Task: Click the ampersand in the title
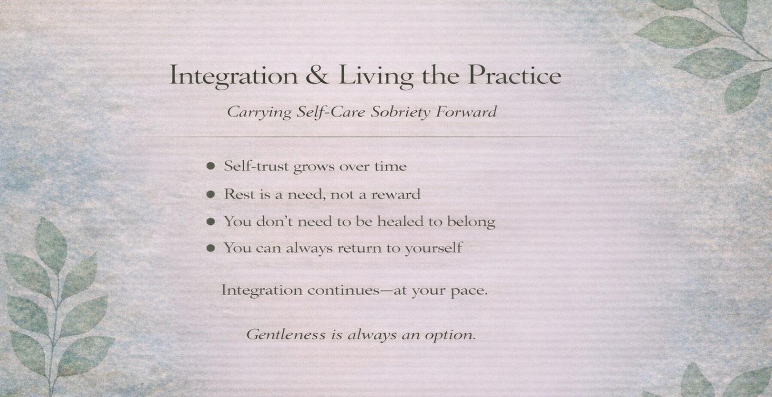tap(317, 76)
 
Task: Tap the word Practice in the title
tap(514, 76)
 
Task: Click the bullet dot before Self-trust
tap(211, 166)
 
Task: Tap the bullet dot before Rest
tap(211, 194)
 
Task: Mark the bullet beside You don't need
tap(211, 222)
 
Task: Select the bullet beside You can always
tap(211, 248)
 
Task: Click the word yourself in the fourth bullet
tap(433, 248)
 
